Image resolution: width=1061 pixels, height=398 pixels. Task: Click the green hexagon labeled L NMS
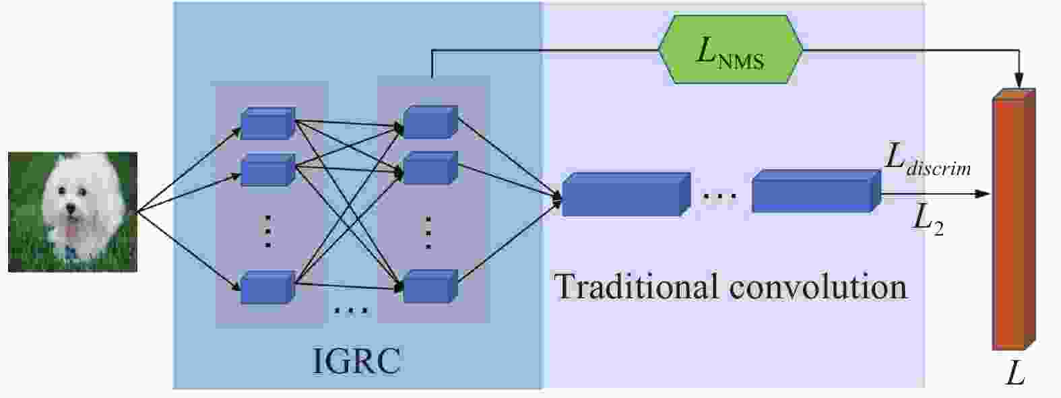click(730, 49)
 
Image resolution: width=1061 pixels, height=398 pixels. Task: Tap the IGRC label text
click(356, 361)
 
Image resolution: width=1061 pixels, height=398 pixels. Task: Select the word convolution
click(818, 287)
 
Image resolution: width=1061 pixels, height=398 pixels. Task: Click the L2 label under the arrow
click(927, 219)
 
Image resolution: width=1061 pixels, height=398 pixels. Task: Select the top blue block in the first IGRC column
click(267, 123)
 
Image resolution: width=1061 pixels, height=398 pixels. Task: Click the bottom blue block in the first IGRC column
click(267, 288)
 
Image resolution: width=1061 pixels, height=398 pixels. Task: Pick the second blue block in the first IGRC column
click(267, 170)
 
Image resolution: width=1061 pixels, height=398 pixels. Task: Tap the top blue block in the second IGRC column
click(429, 122)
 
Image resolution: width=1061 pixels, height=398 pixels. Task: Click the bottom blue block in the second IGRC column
click(429, 286)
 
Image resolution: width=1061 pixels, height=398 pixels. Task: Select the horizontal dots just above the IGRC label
click(351, 311)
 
